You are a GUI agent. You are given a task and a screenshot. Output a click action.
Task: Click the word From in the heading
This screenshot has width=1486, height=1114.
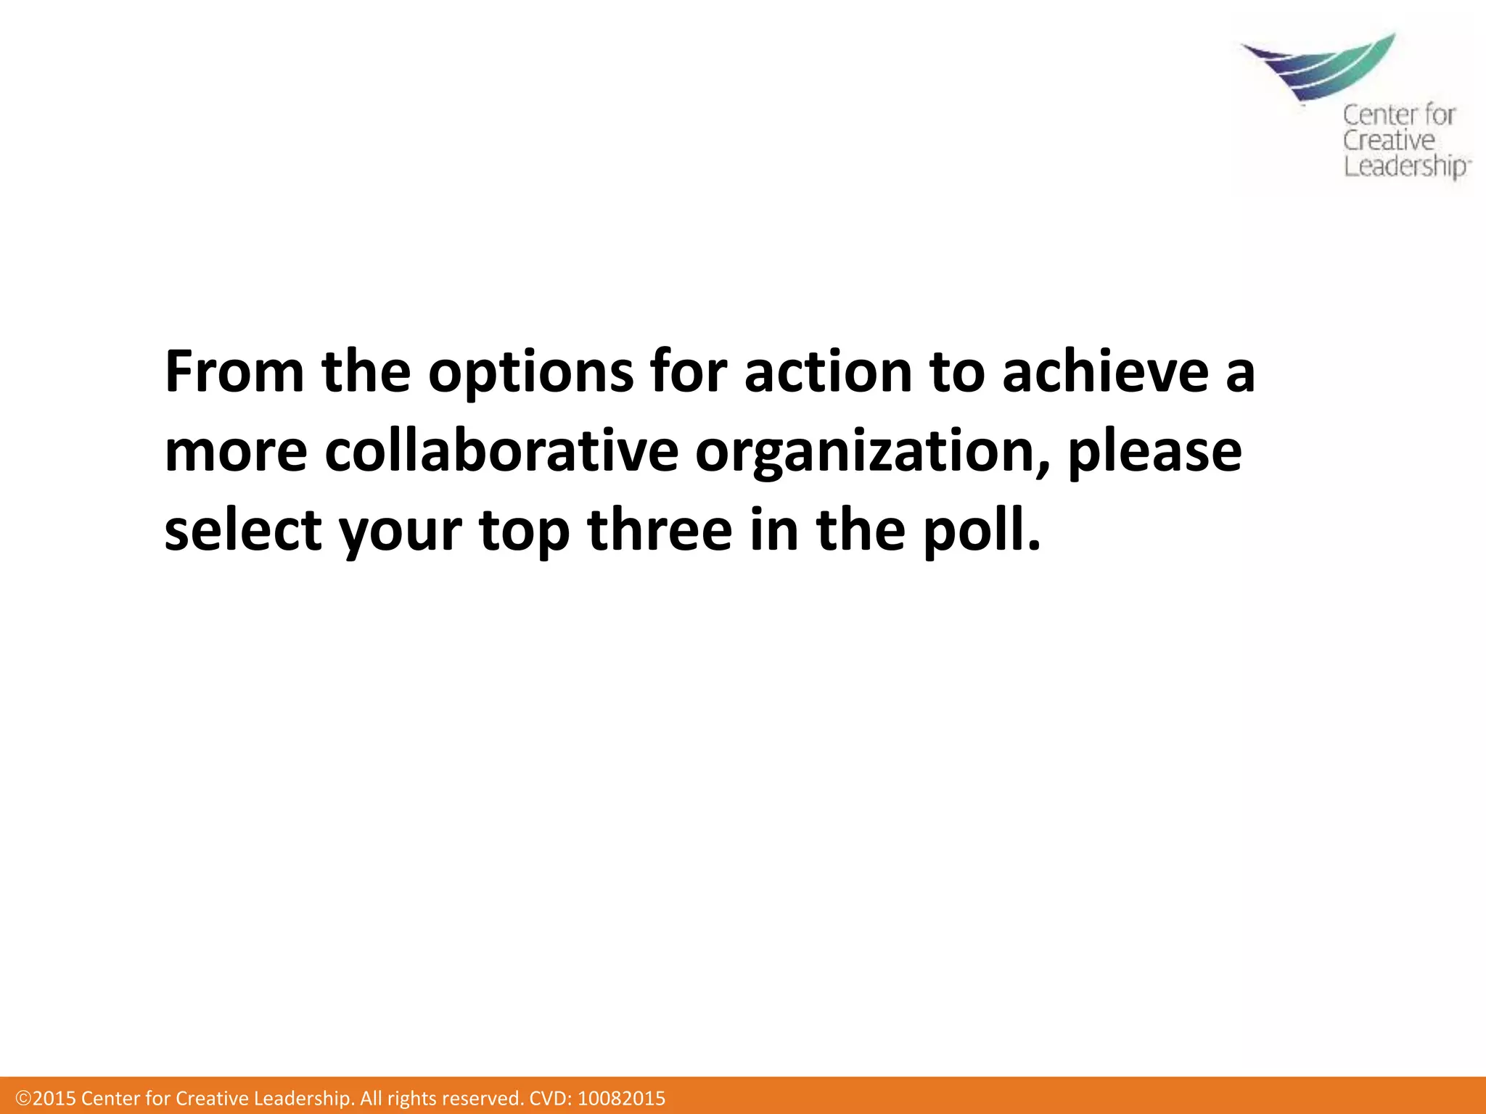(234, 372)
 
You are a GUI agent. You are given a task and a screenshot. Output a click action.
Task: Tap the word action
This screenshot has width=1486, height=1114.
(827, 372)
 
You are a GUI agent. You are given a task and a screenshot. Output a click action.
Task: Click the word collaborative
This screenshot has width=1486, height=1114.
(501, 451)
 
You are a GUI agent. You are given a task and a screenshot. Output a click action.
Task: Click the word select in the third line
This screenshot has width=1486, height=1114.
(243, 530)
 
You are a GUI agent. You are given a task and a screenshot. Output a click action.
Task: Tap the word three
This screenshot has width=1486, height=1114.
(660, 530)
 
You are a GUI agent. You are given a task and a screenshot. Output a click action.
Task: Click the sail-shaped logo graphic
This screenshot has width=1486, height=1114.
(1321, 69)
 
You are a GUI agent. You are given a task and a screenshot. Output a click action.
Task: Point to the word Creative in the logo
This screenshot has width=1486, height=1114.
(1388, 141)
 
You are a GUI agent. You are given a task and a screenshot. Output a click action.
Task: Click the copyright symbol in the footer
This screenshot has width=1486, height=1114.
(23, 1098)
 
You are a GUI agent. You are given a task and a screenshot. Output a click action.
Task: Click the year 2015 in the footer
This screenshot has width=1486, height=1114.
(54, 1098)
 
